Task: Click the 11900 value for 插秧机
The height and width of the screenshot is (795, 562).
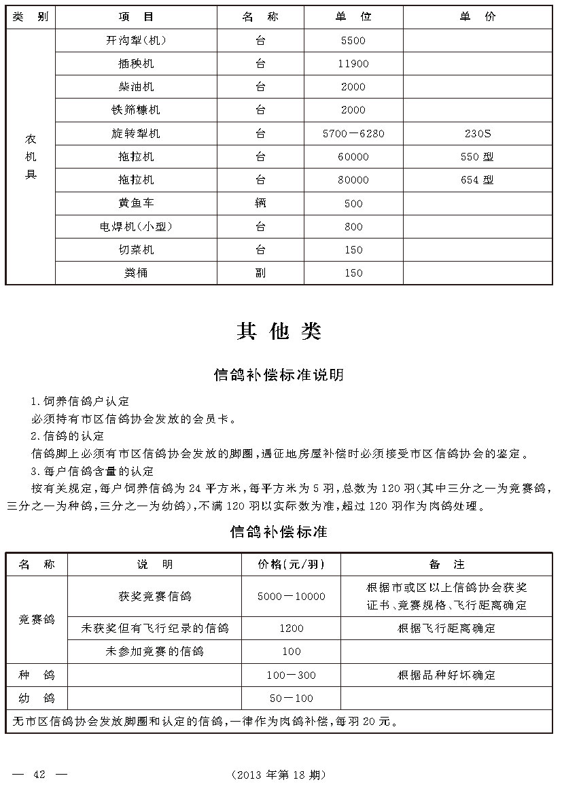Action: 353,64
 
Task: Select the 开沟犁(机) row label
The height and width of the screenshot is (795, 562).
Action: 136,41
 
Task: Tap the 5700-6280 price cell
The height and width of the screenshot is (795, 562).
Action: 353,134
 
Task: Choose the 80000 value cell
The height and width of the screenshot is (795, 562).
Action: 353,180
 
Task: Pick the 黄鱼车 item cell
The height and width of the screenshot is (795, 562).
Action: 136,203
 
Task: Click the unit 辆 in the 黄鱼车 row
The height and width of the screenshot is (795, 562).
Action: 260,203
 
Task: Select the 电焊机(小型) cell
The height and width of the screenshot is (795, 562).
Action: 136,226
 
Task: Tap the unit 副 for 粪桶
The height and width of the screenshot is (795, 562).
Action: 260,273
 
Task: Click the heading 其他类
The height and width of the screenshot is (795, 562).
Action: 279,331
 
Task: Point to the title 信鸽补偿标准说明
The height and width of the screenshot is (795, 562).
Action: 279,374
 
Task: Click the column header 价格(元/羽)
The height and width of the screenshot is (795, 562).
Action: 291,565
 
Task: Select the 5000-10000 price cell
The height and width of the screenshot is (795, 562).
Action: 291,597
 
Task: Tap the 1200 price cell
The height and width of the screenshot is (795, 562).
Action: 291,629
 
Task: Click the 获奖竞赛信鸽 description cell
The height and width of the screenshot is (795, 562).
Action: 154,597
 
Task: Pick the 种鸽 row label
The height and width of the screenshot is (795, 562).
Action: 37,675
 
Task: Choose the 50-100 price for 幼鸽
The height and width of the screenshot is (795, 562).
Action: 291,699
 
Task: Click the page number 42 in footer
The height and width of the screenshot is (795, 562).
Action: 39,775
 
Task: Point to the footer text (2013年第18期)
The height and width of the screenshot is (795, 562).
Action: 279,775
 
